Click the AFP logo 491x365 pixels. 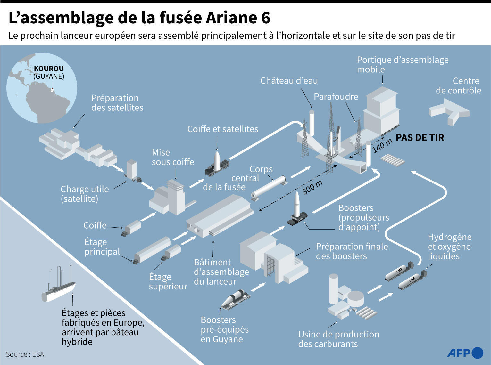click(465, 353)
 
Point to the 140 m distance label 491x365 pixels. click(382, 146)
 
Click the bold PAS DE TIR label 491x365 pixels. click(420, 138)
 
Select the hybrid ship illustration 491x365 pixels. click(58, 288)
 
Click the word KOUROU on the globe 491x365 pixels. click(49, 69)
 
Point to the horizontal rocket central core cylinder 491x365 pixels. click(269, 187)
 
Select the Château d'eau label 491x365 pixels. click(289, 81)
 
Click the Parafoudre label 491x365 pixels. click(336, 97)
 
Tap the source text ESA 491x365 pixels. click(38, 354)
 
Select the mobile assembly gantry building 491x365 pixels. click(381, 111)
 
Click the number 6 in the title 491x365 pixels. click(265, 18)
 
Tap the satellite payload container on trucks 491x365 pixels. click(131, 170)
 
